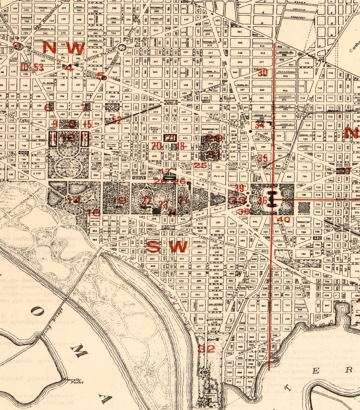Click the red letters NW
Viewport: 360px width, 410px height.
64,48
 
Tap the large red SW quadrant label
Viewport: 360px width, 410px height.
167,247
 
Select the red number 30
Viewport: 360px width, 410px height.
263,72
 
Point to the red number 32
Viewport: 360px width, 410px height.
206,349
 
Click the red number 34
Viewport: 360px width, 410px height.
259,125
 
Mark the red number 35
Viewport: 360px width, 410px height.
263,158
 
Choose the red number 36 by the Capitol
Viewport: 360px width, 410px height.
263,200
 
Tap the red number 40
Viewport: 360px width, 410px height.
283,220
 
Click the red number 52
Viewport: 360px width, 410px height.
117,120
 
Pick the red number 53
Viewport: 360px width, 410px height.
39,68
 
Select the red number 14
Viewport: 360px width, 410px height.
74,200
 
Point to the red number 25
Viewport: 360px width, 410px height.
200,166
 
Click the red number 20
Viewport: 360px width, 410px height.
156,146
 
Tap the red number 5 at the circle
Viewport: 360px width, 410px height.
100,76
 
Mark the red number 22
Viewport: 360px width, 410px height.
146,200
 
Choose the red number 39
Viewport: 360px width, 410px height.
239,188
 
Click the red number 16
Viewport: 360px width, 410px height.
93,212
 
